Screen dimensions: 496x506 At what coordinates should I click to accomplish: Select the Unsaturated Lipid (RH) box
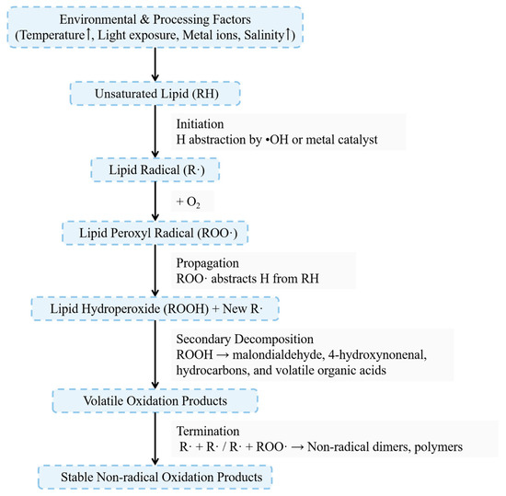point(155,95)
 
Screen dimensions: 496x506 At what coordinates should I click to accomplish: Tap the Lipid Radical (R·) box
point(155,170)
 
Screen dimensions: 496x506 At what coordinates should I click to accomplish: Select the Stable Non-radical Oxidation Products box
point(155,476)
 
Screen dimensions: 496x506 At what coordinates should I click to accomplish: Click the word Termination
point(207,430)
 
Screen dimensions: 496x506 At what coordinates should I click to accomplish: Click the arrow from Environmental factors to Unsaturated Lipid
point(155,65)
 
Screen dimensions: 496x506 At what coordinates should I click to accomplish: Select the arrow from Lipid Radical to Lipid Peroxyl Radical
point(155,201)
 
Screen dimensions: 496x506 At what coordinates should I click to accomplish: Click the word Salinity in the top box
point(262,37)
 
